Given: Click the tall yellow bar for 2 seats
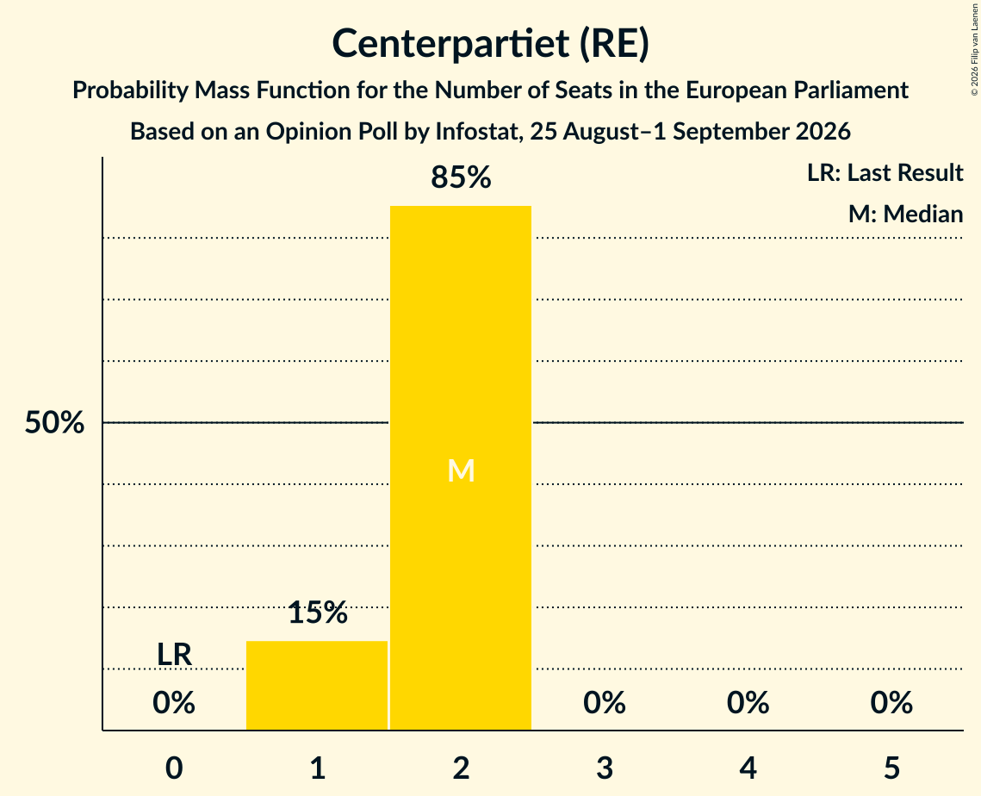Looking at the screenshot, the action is pyautogui.click(x=461, y=468).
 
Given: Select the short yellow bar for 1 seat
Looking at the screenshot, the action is pyautogui.click(x=317, y=685).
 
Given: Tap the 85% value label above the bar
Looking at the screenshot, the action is pyautogui.click(x=461, y=177).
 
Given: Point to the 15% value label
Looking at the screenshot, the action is pyautogui.click(x=318, y=613).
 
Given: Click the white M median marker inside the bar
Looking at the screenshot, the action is pyautogui.click(x=461, y=470).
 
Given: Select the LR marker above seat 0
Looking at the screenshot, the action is pyautogui.click(x=174, y=655).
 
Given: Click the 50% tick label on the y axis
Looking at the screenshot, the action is pyautogui.click(x=54, y=422).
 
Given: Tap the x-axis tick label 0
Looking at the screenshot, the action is pyautogui.click(x=174, y=768).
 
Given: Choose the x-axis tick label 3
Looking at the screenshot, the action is pyautogui.click(x=605, y=768).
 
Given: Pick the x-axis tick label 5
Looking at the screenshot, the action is pyautogui.click(x=891, y=768).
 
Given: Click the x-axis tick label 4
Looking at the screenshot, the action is pyautogui.click(x=748, y=768).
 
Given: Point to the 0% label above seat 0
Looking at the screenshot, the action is pyautogui.click(x=174, y=703).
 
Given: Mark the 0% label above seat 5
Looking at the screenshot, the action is pyautogui.click(x=891, y=703).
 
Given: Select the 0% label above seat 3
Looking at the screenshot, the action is pyautogui.click(x=605, y=703).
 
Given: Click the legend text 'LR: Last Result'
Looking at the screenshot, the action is pyautogui.click(x=885, y=172).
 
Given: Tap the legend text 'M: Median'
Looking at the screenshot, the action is pyautogui.click(x=905, y=214).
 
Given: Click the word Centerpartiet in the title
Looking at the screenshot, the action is pyautogui.click(x=451, y=44).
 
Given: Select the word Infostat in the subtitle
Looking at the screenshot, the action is pyautogui.click(x=479, y=132).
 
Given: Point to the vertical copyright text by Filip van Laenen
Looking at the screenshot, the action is pyautogui.click(x=974, y=50).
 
